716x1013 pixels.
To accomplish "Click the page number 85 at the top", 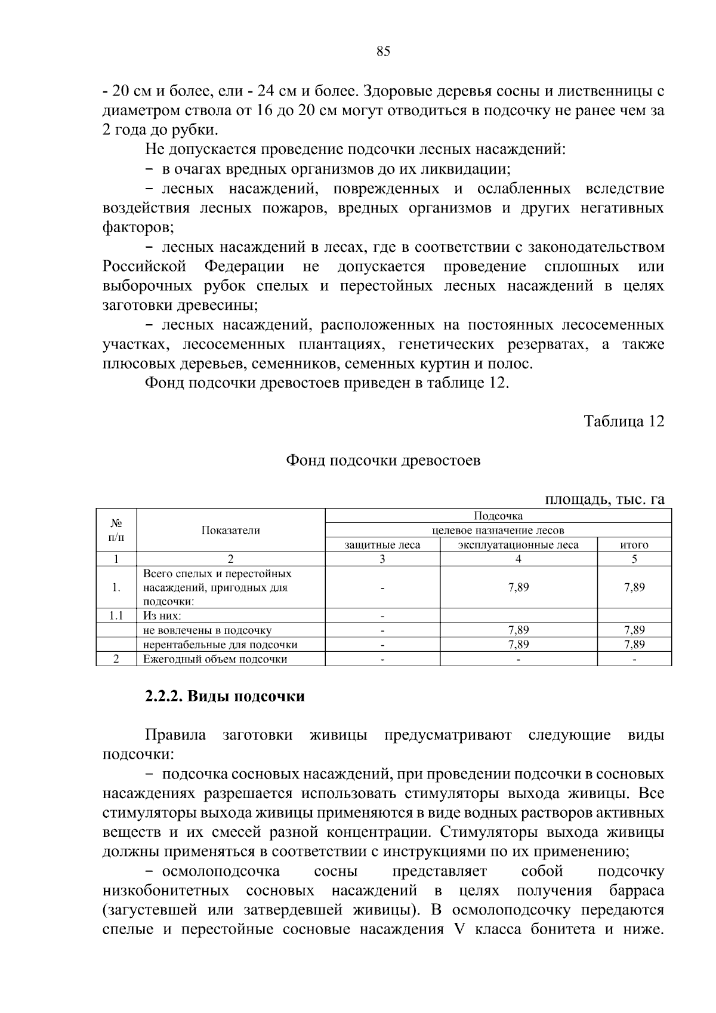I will (383, 52).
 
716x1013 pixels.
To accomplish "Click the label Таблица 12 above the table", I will (624, 421).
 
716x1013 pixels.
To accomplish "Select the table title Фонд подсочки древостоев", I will (383, 461).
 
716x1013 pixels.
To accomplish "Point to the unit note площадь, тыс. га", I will (604, 499).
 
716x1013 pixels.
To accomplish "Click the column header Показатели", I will (230, 530).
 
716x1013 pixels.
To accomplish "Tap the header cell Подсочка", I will (498, 516).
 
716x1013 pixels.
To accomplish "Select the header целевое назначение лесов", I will (498, 530).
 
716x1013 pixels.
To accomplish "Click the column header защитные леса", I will (382, 544).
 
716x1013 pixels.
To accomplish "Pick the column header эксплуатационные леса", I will (518, 544).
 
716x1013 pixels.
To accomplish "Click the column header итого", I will (634, 544).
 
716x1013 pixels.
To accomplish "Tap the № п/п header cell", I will (116, 530).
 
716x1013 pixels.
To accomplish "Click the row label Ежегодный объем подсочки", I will (215, 659).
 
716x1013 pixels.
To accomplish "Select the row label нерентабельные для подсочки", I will (220, 645).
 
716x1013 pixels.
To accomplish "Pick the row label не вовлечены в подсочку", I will (207, 630).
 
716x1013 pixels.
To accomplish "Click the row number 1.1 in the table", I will (116, 615).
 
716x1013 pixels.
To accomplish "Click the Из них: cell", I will (162, 615).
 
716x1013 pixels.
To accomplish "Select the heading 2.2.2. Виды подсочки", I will (225, 697).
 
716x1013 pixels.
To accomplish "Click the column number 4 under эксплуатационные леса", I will (518, 559).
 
